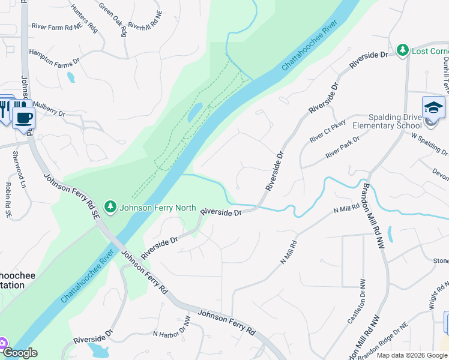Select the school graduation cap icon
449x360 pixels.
click(433, 107)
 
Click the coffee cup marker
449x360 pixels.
click(23, 118)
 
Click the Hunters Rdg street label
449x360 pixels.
click(83, 17)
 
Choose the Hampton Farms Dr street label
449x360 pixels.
click(55, 57)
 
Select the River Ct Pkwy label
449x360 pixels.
click(328, 134)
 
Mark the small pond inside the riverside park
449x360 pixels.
click(194, 112)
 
